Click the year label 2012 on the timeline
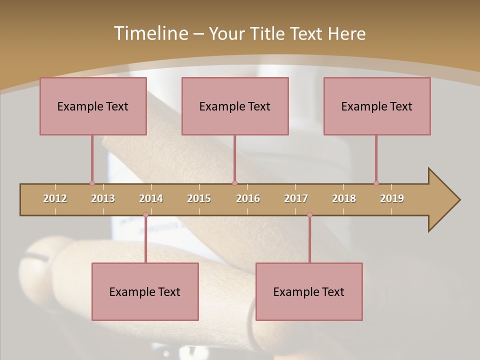55,198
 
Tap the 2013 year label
103,198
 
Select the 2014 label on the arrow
151,198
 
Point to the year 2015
199,198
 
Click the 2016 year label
248,198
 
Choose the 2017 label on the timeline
296,198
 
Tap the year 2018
344,198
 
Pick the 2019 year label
392,198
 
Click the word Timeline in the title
150,33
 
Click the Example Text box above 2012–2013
93,106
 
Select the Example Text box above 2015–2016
235,106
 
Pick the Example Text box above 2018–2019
377,106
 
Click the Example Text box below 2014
145,291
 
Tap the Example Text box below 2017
309,291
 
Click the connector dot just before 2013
92,183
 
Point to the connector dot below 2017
309,215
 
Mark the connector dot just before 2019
376,183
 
